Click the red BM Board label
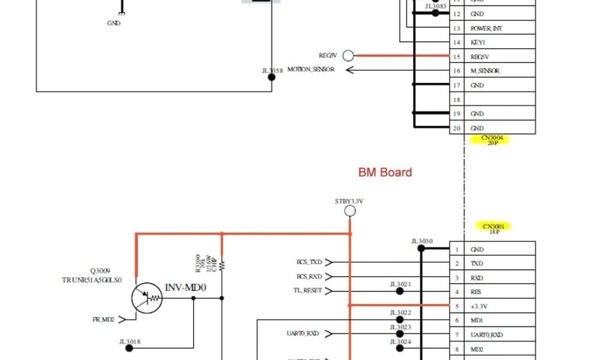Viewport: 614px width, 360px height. pyautogui.click(x=385, y=173)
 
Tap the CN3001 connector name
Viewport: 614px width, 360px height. pyautogui.click(x=496, y=227)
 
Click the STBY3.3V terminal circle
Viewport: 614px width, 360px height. pyautogui.click(x=350, y=211)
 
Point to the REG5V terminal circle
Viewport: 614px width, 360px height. pyautogui.click(x=348, y=56)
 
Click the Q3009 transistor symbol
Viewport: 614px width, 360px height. pyautogui.click(x=148, y=298)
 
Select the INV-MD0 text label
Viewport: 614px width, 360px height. pyautogui.click(x=185, y=288)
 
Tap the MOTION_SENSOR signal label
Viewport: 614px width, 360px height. pyautogui.click(x=311, y=70)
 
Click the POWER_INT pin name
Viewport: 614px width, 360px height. pyautogui.click(x=486, y=28)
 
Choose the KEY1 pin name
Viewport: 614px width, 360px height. pyautogui.click(x=478, y=43)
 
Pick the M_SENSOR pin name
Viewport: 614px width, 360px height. pyautogui.click(x=485, y=71)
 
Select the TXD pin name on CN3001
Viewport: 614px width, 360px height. pyautogui.click(x=477, y=263)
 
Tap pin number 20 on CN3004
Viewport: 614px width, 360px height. pyautogui.click(x=456, y=128)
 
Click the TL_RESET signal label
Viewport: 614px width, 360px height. pyautogui.click(x=308, y=291)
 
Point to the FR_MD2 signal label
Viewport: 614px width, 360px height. pyautogui.click(x=103, y=320)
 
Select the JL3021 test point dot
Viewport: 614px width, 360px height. pyautogui.click(x=400, y=291)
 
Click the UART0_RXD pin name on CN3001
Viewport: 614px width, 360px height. pyautogui.click(x=486, y=335)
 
